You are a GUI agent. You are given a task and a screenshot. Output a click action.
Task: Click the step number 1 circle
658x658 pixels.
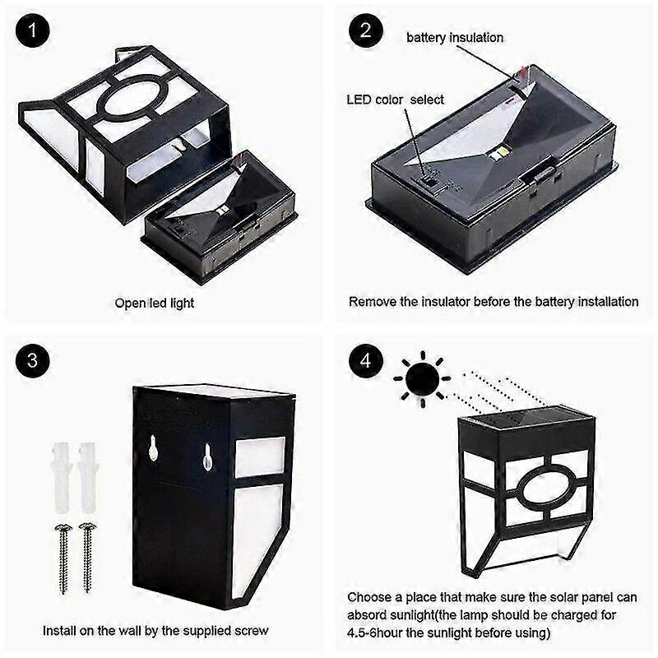tap(32, 30)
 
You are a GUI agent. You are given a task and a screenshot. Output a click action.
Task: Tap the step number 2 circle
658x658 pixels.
tap(365, 30)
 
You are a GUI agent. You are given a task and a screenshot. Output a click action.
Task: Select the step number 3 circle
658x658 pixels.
tap(32, 361)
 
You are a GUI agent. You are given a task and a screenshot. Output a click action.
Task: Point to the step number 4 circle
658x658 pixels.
tap(365, 361)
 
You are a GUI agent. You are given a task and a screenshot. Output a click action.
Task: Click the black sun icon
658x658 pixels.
tap(422, 379)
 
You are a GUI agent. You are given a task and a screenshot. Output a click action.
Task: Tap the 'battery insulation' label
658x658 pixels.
tap(455, 38)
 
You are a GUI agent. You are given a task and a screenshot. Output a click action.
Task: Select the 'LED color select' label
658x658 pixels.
tap(395, 100)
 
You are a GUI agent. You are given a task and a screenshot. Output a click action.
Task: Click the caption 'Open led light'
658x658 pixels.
tap(155, 303)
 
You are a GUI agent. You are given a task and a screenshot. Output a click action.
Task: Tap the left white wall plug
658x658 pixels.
tap(62, 478)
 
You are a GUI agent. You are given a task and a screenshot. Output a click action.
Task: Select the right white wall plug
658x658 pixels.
tap(88, 478)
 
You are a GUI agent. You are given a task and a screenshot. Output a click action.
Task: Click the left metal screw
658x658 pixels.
tap(63, 558)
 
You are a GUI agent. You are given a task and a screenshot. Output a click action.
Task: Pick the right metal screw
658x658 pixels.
tap(87, 558)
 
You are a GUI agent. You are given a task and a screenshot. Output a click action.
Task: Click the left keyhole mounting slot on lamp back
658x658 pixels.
tap(153, 449)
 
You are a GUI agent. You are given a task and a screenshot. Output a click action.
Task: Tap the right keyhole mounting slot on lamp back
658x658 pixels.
tap(207, 456)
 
